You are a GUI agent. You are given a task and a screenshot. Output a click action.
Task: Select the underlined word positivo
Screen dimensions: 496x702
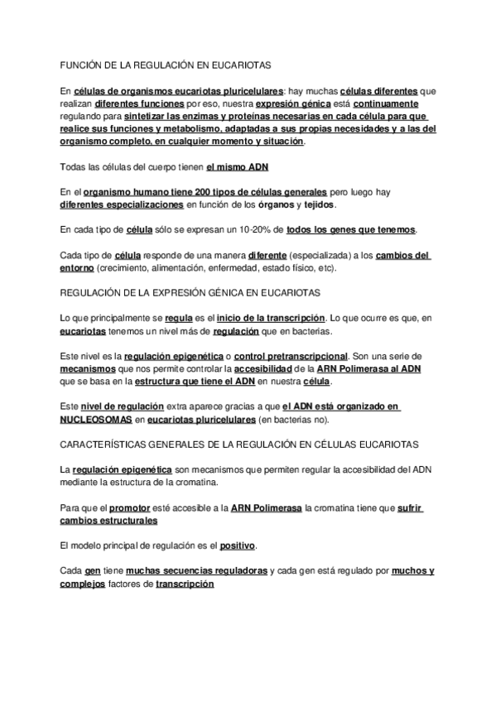tap(238, 546)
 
